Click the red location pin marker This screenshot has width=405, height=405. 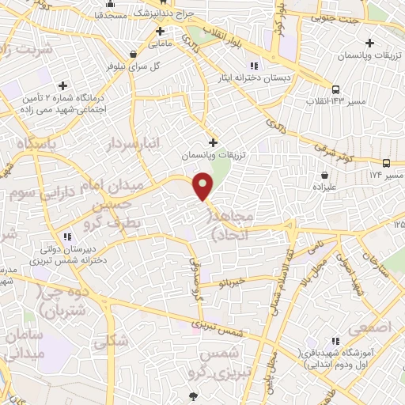[203, 186]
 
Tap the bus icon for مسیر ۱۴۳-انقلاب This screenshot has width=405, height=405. [338, 89]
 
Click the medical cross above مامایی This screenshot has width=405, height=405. [160, 32]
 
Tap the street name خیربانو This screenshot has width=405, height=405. [236, 281]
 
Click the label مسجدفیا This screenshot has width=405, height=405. [111, 15]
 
